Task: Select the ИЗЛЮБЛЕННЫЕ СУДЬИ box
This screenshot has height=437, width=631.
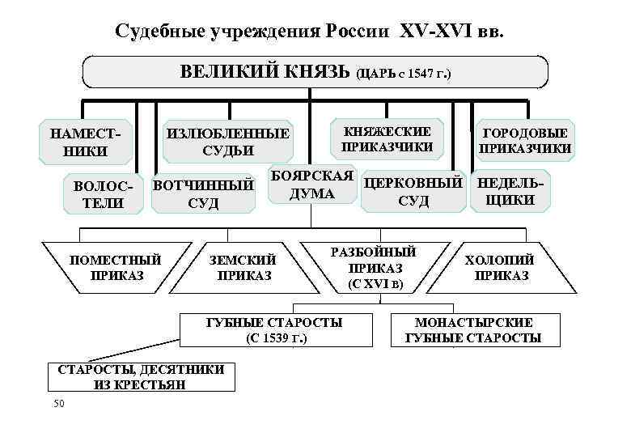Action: (227, 141)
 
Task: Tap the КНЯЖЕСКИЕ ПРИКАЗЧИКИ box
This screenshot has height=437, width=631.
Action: (387, 139)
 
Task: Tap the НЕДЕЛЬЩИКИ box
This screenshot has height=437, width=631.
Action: (510, 192)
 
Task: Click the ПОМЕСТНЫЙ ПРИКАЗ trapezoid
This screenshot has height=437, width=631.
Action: (117, 267)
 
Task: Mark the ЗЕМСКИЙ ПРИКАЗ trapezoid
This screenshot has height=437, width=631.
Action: (243, 267)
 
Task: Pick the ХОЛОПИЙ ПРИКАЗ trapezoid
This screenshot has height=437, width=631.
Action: (501, 267)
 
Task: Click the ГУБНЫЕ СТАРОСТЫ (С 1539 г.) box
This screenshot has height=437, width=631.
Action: (275, 330)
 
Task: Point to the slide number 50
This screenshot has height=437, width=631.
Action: (57, 403)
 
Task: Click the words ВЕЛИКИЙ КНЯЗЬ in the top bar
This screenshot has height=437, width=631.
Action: (265, 72)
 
